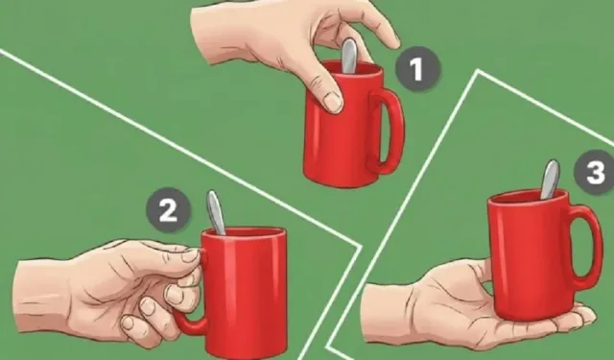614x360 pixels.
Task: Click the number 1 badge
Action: pos(417,69)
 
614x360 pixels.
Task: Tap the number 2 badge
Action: pos(169,210)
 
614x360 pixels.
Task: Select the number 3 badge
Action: pos(595,172)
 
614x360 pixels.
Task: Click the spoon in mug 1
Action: pos(349,56)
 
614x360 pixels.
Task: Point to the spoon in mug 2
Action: pos(216,213)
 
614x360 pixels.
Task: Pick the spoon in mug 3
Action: pos(550,179)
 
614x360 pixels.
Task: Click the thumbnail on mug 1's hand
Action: pos(332,103)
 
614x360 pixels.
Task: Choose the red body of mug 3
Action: pos(529,254)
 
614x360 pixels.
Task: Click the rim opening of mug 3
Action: pos(528,196)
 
